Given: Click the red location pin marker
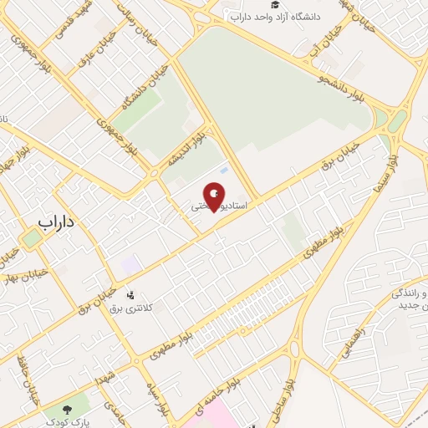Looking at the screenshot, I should click(215, 197).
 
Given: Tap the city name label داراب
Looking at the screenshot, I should click(58, 222).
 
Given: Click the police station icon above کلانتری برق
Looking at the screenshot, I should click(130, 294).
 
